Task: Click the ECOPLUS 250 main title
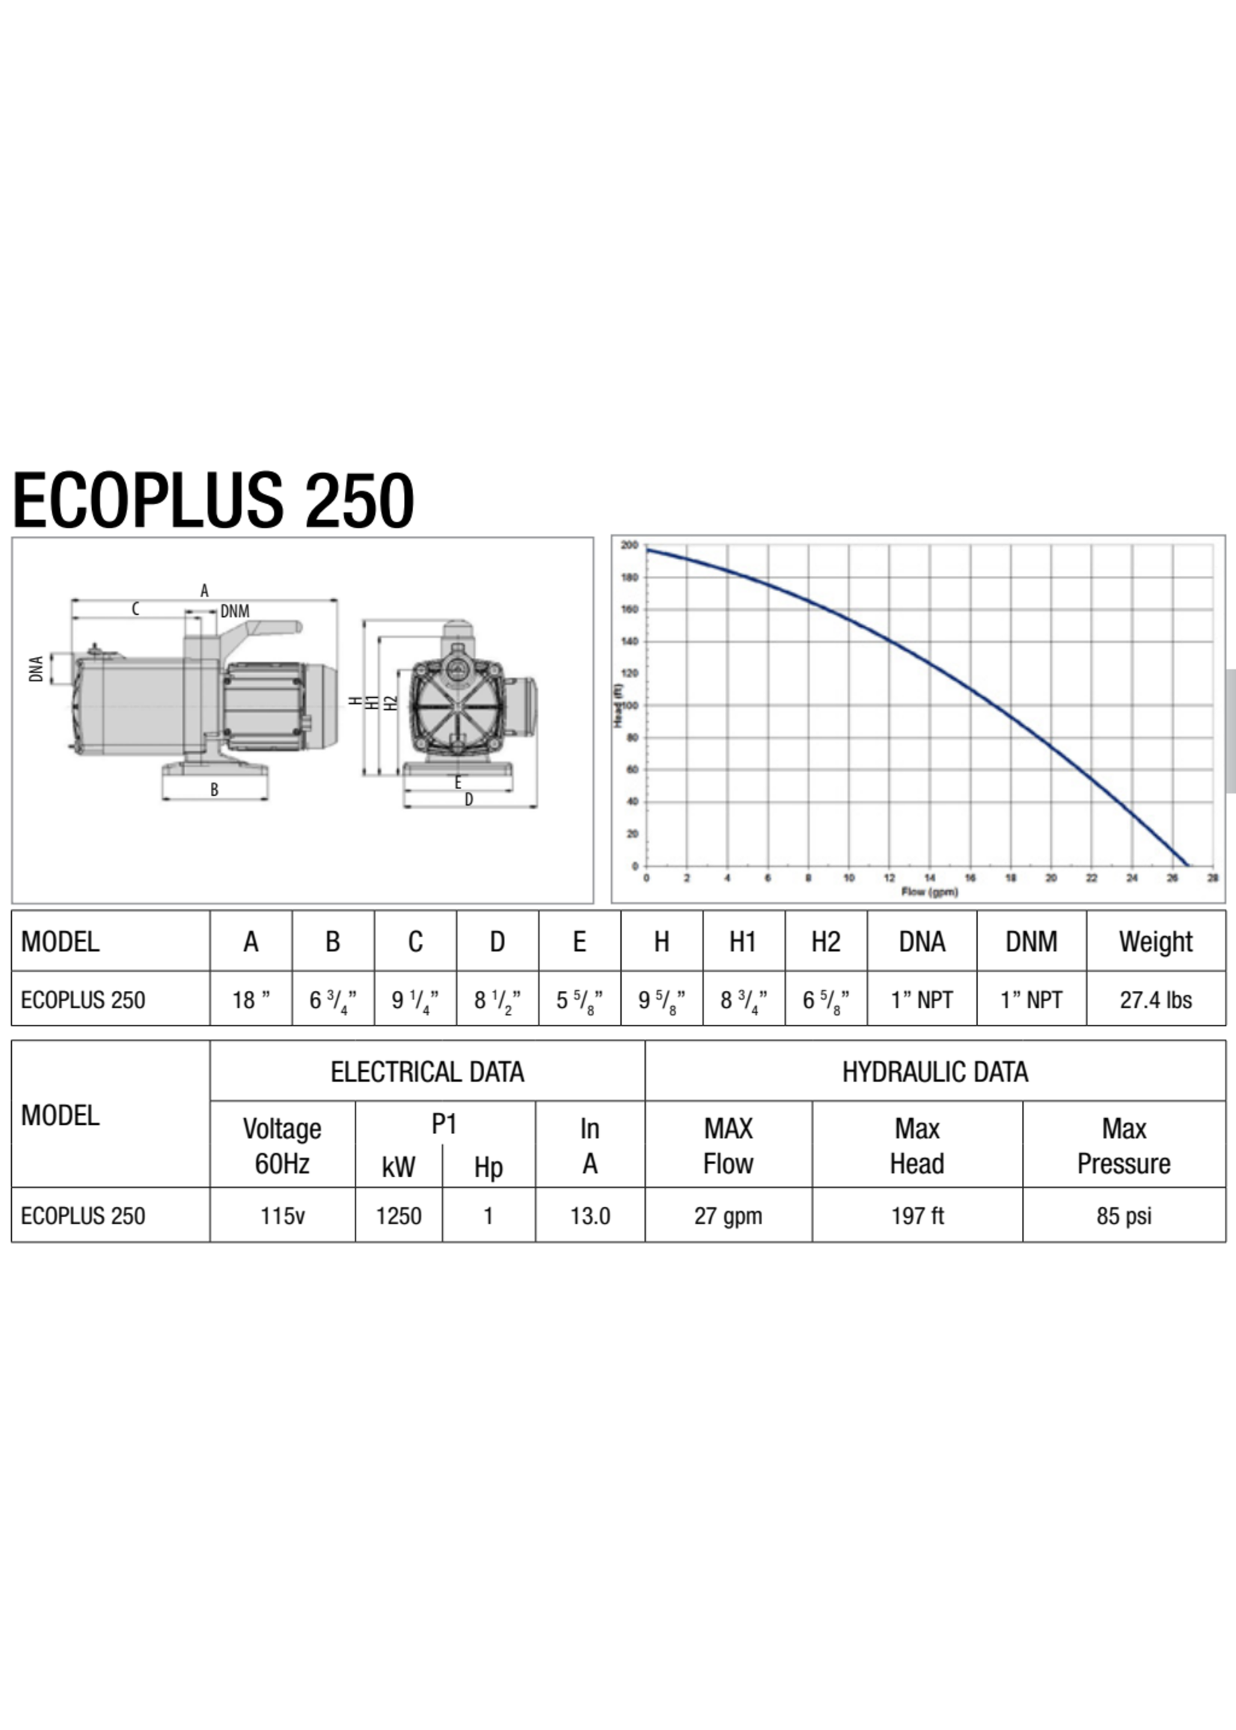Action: click(x=213, y=500)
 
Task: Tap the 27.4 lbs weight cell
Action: click(x=1155, y=1000)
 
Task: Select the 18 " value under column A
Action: click(x=251, y=1000)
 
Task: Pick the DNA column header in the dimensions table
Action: click(x=922, y=942)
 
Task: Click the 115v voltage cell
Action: click(x=282, y=1215)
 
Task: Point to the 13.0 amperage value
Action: click(x=590, y=1215)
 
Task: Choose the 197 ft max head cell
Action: click(x=917, y=1215)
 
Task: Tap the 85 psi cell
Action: click(x=1123, y=1215)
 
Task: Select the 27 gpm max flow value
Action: click(x=727, y=1215)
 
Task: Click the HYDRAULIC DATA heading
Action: click(x=934, y=1072)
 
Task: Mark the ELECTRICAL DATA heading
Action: click(x=427, y=1072)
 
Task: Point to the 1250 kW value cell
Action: click(x=399, y=1215)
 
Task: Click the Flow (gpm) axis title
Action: click(x=928, y=891)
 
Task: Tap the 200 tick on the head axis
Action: click(x=629, y=545)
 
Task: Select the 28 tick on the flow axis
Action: click(x=1212, y=878)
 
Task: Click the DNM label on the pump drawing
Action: click(x=234, y=611)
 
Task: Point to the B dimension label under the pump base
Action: click(x=215, y=790)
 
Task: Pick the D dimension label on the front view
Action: click(x=469, y=800)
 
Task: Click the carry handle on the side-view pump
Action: click(x=266, y=628)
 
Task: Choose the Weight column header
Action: click(x=1155, y=942)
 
